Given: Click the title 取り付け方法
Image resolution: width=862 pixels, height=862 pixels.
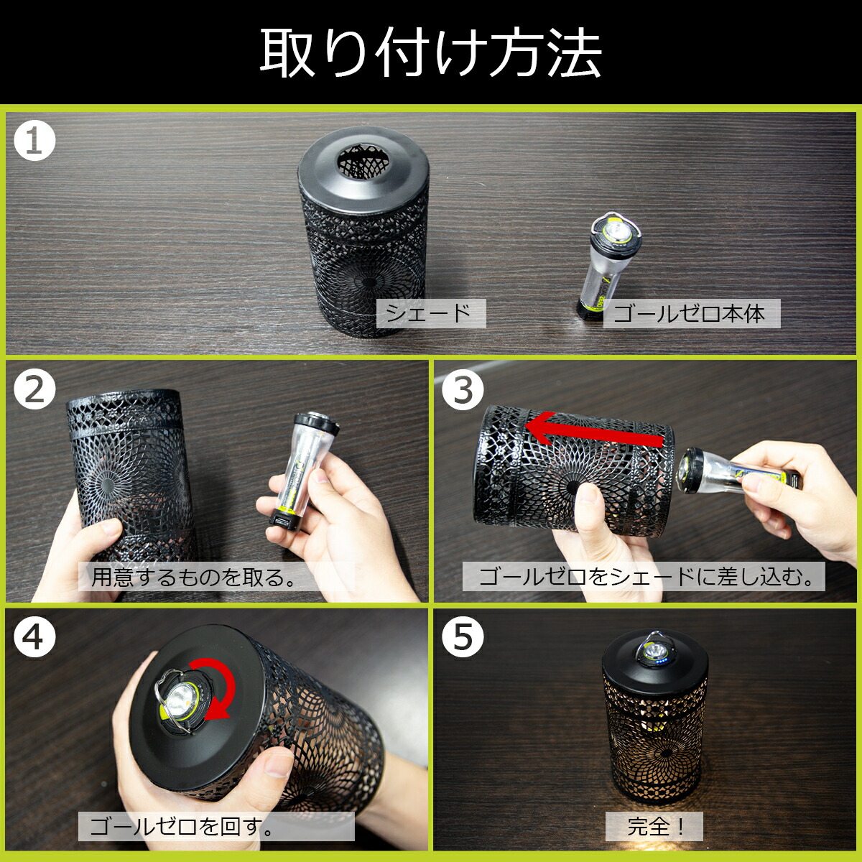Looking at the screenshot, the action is [x=430, y=52].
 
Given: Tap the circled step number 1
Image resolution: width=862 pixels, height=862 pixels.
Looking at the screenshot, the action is [x=34, y=141].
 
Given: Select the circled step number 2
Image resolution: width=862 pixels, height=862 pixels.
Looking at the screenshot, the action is [x=34, y=389].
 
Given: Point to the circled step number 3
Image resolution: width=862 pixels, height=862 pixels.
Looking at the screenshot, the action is [x=463, y=389].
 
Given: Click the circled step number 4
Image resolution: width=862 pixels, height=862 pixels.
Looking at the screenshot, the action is [x=34, y=636].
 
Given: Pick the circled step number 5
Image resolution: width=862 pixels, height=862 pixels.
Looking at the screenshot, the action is [x=463, y=636].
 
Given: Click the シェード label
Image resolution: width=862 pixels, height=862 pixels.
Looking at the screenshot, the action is [x=431, y=313].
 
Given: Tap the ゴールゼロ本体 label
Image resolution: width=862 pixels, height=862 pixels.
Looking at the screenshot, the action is [x=692, y=314].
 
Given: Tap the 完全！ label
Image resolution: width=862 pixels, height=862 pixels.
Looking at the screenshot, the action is [x=654, y=826].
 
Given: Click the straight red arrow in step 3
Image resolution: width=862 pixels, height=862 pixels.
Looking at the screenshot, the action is [x=594, y=428].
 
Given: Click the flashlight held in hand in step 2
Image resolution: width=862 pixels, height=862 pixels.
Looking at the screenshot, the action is [x=303, y=471].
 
